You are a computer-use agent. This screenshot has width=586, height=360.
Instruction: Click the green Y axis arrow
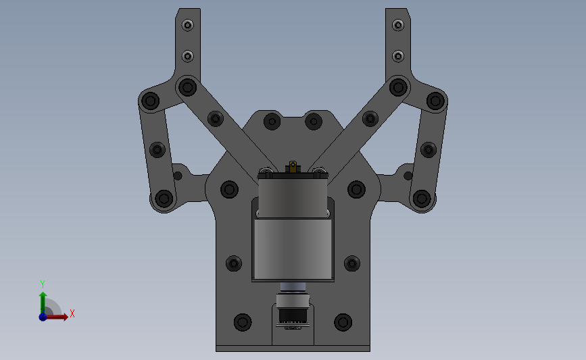click(43, 303)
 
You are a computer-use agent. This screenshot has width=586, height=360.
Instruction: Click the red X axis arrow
click(57, 317)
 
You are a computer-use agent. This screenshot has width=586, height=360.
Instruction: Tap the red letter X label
click(72, 313)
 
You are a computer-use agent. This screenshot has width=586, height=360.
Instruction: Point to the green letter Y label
click(43, 284)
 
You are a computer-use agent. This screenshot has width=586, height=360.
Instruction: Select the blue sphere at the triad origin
click(43, 317)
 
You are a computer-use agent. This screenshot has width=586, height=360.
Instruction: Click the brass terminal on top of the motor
click(293, 167)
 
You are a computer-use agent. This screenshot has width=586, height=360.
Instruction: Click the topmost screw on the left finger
click(188, 26)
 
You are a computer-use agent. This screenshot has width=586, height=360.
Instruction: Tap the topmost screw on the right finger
click(398, 26)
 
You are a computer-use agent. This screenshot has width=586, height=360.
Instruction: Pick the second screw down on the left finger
click(188, 56)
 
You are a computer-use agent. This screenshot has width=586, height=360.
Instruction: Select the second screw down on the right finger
click(398, 56)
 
